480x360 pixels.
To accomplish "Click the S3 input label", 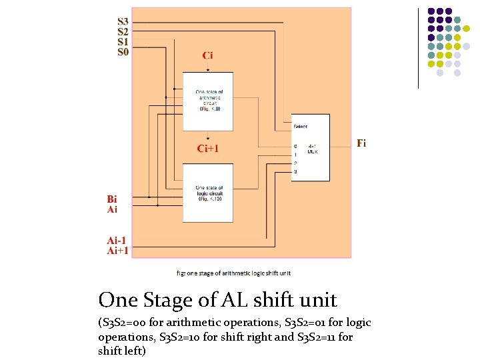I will (x=123, y=22).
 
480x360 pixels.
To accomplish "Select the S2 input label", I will (x=123, y=31).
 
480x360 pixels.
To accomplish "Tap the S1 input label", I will (x=123, y=41).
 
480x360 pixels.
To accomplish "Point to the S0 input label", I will (x=123, y=51).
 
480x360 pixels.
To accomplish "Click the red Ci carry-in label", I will (x=208, y=55).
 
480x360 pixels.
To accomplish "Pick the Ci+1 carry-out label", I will (x=208, y=149).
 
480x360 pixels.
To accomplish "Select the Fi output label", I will (x=361, y=143).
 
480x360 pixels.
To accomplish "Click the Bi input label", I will (x=113, y=199).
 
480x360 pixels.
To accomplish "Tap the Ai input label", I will (x=113, y=209).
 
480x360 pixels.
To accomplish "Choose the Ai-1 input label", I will (x=117, y=241).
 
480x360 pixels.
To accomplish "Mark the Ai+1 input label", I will (x=118, y=251).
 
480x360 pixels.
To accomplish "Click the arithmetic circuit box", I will (x=208, y=100).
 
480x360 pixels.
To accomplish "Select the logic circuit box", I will (x=208, y=193).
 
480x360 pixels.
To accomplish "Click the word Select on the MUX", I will (x=301, y=126).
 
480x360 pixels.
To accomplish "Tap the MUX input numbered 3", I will (x=295, y=172).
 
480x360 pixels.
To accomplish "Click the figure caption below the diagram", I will (x=233, y=273).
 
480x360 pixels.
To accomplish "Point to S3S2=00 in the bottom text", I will (x=127, y=323).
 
